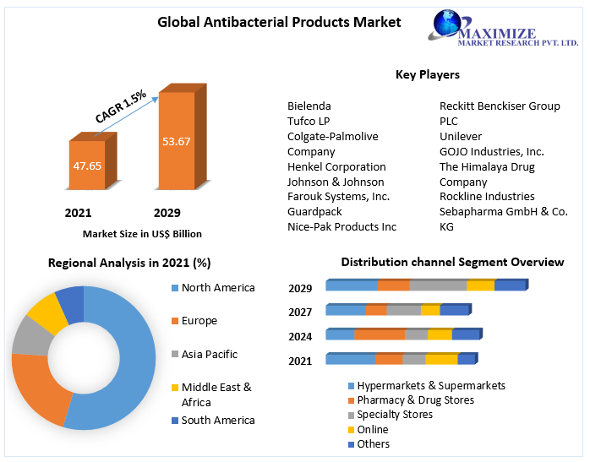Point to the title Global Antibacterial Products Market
[x=279, y=22]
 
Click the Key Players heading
[x=428, y=75]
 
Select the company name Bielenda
[x=309, y=106]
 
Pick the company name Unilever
[x=462, y=136]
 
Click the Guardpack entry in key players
[x=314, y=212]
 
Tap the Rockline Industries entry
[x=487, y=197]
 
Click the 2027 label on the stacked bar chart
[x=300, y=312]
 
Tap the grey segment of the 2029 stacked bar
[x=438, y=285]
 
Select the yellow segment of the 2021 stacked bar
[x=441, y=360]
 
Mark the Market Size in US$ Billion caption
[x=142, y=234]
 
